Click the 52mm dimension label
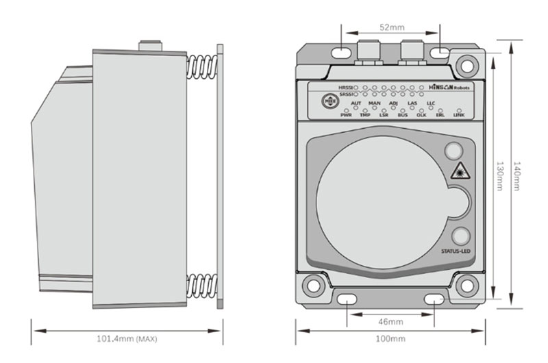pyautogui.click(x=390, y=27)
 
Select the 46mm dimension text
pyautogui.click(x=390, y=321)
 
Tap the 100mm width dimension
pyautogui.click(x=390, y=338)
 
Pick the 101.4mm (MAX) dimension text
pyautogui.click(x=128, y=338)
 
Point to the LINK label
pyautogui.click(x=459, y=115)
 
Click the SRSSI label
pyautogui.click(x=347, y=95)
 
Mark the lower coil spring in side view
pyautogui.click(x=200, y=285)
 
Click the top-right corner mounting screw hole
pyautogui.click(x=468, y=66)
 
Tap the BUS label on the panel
pyautogui.click(x=403, y=115)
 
